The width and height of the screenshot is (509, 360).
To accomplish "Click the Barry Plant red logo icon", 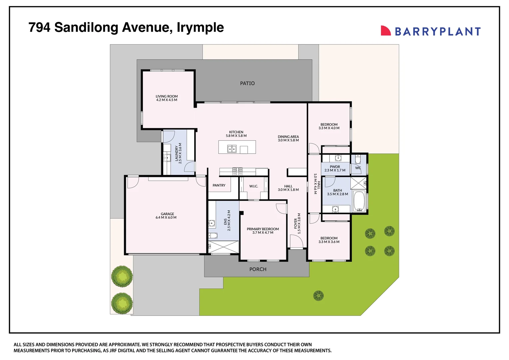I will click(385, 31).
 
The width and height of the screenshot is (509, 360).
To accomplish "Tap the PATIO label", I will click(247, 83).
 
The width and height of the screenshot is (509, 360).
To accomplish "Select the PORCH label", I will click(258, 269).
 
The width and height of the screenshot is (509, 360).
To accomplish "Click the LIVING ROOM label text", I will click(167, 96).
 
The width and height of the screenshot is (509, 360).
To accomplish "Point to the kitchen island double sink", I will click(232, 149).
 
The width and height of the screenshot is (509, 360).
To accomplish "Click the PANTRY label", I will click(219, 185).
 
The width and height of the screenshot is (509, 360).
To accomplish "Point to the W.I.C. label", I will click(254, 186).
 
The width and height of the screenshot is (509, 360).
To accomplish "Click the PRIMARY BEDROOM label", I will click(262, 229).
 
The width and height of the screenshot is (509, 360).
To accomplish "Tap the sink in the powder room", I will click(338, 158).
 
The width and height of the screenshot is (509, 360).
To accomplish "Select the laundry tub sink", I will click(167, 157).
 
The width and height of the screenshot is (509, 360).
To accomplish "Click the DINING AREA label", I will click(288, 137).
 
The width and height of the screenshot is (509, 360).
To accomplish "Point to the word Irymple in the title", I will click(200, 28).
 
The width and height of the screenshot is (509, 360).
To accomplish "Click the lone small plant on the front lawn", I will click(318, 296).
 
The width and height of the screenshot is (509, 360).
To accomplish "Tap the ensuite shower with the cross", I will click(224, 247).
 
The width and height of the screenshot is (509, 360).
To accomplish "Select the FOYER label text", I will click(295, 224).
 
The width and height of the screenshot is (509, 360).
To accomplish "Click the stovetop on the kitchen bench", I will click(237, 171).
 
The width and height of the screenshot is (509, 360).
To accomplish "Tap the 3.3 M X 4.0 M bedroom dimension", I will click(329, 128).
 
